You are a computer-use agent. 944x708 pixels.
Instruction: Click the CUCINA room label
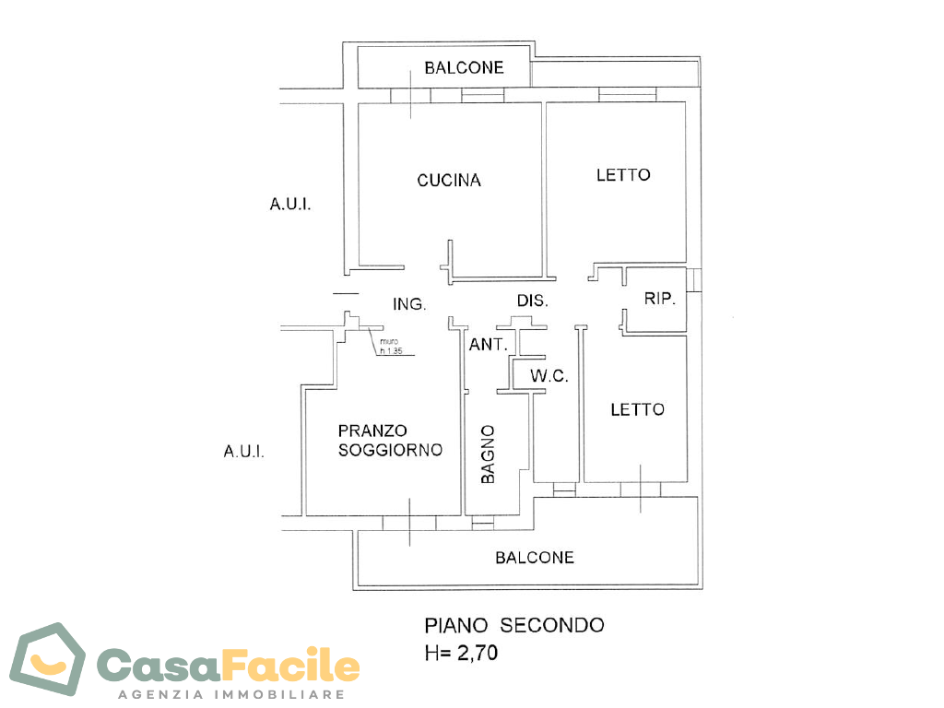point(449,180)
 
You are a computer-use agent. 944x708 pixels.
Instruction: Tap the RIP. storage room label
point(660,298)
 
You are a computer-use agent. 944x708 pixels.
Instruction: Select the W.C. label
point(549,376)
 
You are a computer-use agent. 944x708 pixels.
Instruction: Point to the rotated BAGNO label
point(488,454)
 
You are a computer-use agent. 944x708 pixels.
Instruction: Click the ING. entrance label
point(409,304)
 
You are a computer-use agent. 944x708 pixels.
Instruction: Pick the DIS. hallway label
point(533,301)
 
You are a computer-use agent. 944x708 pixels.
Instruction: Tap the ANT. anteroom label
point(489,345)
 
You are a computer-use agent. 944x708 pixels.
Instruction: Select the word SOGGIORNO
point(390,450)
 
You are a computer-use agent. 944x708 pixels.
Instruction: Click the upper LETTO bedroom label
point(623,175)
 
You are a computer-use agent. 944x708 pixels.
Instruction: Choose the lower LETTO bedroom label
point(638,410)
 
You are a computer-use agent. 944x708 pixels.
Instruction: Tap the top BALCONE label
point(465,67)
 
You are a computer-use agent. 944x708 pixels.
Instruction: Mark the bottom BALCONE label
point(535,558)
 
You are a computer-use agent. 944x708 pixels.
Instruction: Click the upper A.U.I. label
point(290,205)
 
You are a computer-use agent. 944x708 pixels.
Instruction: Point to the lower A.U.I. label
point(243,452)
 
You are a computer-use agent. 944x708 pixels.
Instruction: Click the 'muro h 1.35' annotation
point(391,347)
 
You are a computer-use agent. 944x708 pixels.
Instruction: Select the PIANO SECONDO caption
point(514,626)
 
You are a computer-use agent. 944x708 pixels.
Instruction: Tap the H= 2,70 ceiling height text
point(461,653)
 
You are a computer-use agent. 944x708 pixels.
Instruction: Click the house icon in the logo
point(48,659)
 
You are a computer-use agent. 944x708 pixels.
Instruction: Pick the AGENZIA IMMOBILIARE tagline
point(231,694)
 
